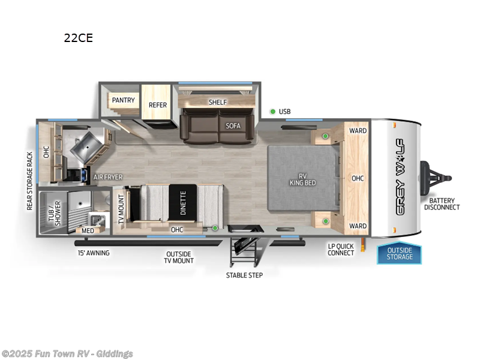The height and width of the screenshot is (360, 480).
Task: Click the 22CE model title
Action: coord(79,38)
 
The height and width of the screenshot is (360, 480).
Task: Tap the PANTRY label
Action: coord(123,100)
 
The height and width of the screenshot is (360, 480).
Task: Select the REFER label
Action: coord(158,105)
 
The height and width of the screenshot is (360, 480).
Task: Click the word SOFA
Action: coord(233,126)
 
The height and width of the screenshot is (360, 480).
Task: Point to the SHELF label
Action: coord(217,102)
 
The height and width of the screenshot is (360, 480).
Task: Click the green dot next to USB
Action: coord(272,112)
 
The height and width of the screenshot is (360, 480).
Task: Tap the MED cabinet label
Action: coord(88,230)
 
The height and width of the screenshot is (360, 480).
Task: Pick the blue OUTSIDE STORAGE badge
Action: coord(400,253)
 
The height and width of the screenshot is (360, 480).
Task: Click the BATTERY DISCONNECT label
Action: coord(442,204)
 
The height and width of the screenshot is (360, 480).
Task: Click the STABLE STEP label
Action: coord(244,275)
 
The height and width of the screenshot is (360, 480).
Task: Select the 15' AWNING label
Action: coord(93,253)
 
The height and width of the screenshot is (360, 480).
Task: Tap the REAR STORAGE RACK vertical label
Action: coord(29,181)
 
